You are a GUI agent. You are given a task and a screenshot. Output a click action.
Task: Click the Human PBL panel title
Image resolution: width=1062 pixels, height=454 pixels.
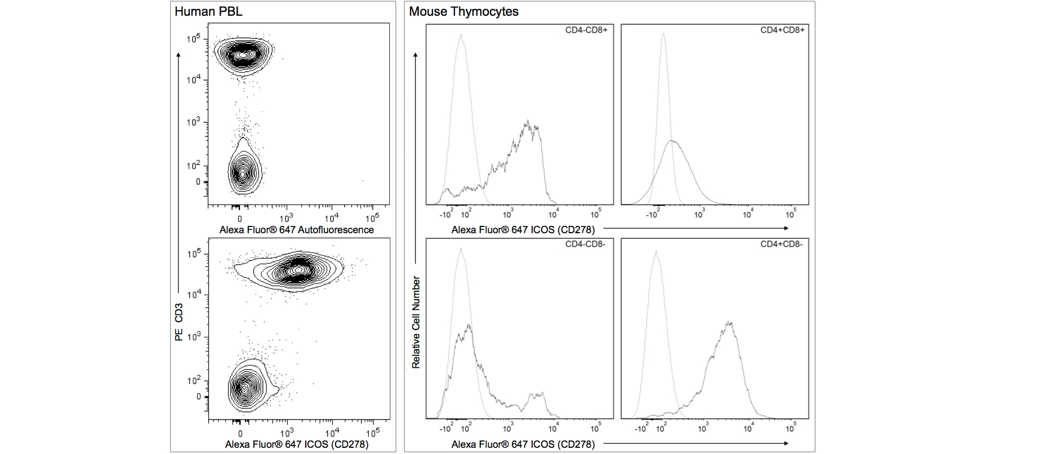tap(208, 12)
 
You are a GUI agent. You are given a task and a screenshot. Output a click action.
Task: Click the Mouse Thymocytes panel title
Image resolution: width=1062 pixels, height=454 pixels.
tap(463, 12)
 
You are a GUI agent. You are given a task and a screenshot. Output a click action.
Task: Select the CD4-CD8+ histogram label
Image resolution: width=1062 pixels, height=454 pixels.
tap(586, 30)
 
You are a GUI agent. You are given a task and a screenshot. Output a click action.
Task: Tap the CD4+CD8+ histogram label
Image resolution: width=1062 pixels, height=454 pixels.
tap(782, 30)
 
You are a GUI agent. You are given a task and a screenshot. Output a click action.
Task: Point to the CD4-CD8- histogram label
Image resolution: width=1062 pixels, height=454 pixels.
tap(586, 244)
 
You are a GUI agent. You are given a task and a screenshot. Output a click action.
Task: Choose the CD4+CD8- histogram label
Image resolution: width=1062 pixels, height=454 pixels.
tap(782, 244)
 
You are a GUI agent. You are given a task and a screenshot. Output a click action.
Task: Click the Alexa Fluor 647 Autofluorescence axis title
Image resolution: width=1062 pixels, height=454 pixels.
tap(296, 230)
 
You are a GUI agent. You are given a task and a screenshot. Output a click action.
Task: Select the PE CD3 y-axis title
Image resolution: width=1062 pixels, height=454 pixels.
tap(179, 322)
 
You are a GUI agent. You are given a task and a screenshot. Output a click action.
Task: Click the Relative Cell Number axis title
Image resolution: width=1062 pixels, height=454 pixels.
tap(416, 322)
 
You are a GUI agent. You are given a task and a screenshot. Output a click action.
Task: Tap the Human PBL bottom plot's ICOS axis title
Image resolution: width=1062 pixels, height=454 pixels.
tap(297, 444)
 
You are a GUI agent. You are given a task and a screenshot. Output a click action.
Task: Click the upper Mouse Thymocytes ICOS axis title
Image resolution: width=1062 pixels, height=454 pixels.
tap(523, 229)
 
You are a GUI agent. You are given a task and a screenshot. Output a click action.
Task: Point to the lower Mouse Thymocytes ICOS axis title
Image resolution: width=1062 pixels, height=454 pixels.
tap(523, 444)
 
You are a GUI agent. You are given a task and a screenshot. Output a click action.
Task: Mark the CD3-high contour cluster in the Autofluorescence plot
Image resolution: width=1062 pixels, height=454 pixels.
tap(243, 55)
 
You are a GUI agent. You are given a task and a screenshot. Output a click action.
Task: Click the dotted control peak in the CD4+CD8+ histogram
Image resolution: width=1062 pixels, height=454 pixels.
tap(663, 35)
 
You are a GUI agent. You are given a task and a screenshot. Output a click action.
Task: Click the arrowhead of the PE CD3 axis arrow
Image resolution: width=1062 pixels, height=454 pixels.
tap(179, 54)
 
